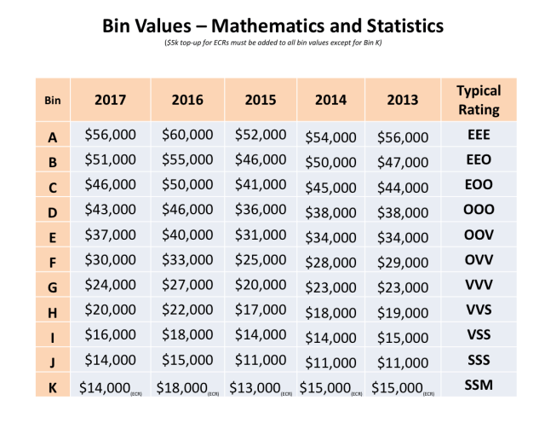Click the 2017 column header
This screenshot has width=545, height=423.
pyautogui.click(x=111, y=99)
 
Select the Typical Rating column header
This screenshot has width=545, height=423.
pyautogui.click(x=479, y=100)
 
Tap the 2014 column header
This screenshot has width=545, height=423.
pyautogui.click(x=331, y=99)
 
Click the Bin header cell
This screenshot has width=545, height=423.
pyautogui.click(x=53, y=100)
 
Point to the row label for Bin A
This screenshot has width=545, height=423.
pyautogui.click(x=53, y=136)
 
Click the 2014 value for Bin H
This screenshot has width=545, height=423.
pyautogui.click(x=331, y=312)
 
